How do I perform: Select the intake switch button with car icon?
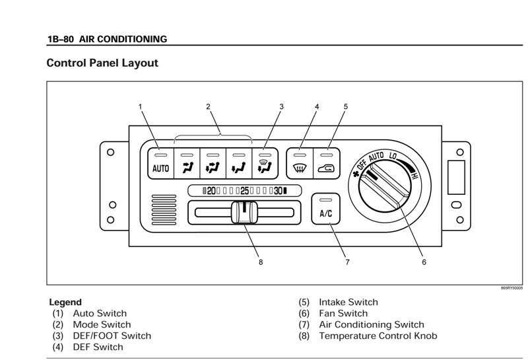click(326, 163)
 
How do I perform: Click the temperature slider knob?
click(243, 213)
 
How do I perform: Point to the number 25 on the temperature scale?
click(244, 191)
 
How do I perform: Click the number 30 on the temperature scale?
click(279, 191)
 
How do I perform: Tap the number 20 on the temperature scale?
click(211, 191)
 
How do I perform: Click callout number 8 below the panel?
click(261, 262)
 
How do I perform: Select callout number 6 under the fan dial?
click(424, 262)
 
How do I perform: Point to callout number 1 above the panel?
click(140, 106)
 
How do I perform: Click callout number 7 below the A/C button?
click(347, 262)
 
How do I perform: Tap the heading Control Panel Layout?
click(102, 63)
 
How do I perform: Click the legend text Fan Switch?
click(343, 313)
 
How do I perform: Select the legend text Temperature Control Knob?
click(378, 336)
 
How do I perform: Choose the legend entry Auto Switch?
click(100, 313)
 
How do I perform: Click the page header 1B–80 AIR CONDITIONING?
click(107, 39)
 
